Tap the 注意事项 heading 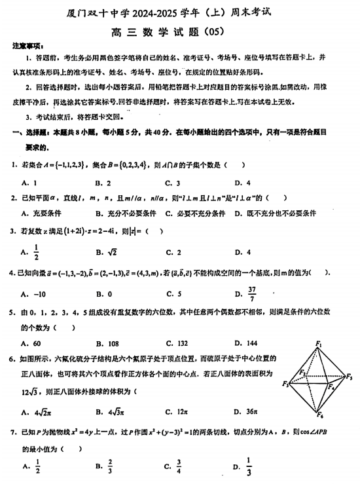pos(27,47)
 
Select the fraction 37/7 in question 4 pos(253,294)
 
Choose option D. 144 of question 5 pos(246,343)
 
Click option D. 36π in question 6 pos(247,412)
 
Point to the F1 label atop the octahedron pos(319,344)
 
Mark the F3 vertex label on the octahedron pos(285,384)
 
